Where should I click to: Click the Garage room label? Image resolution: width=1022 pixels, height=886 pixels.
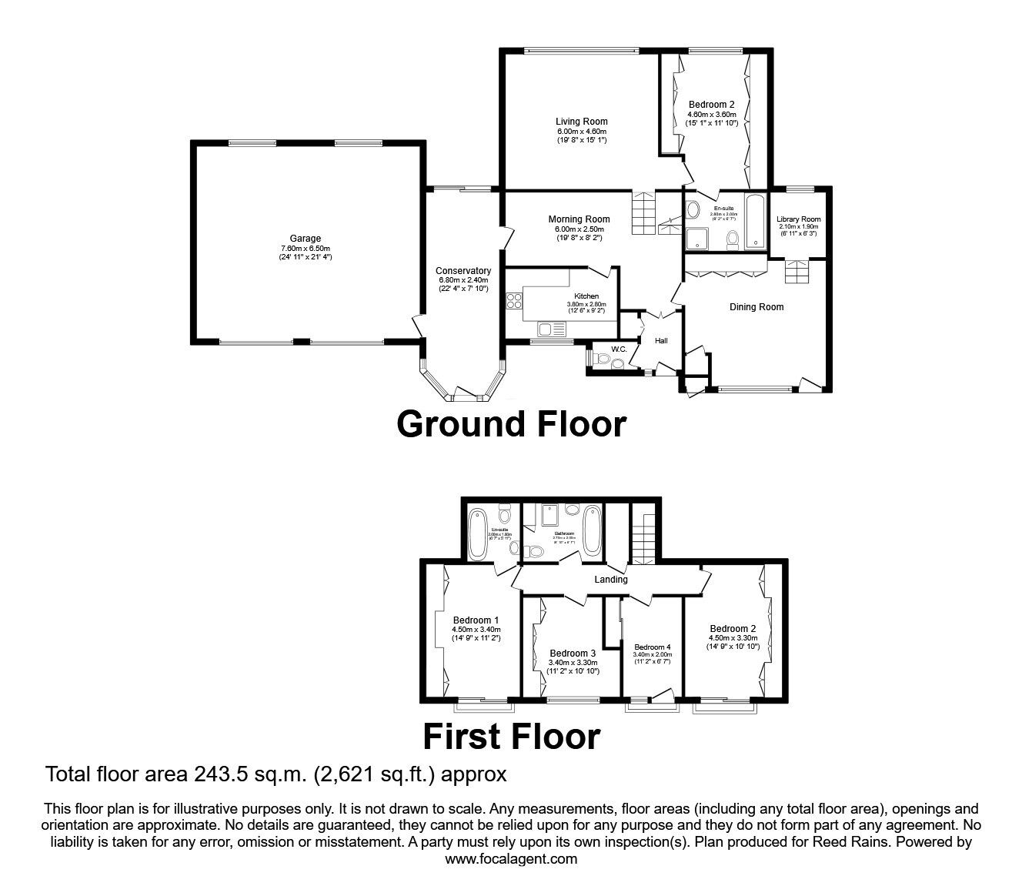pos(306,239)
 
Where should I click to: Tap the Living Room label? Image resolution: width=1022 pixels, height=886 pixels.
pos(581,122)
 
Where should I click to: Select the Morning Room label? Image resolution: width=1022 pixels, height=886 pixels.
pos(579,219)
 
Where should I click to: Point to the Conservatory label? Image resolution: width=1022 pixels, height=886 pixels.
pos(463,271)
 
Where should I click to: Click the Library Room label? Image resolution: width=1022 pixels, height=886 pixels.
pos(799,219)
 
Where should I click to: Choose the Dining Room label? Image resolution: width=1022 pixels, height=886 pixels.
pos(756,307)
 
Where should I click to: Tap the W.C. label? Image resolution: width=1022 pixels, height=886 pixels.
pos(620,350)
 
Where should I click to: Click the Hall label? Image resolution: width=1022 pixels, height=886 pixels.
pos(661,341)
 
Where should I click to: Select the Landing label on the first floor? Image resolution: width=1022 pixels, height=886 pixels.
pos(611,580)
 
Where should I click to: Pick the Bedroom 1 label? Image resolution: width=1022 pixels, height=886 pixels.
pos(476,620)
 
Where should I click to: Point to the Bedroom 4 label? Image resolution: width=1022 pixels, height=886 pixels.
pos(653,647)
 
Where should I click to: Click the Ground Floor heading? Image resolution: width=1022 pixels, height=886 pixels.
pos(511,424)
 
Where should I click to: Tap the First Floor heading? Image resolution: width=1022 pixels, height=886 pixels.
pos(511,737)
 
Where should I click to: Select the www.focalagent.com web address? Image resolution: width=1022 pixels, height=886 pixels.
pos(511,858)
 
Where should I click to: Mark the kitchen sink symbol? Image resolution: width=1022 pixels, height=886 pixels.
pos(552,329)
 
